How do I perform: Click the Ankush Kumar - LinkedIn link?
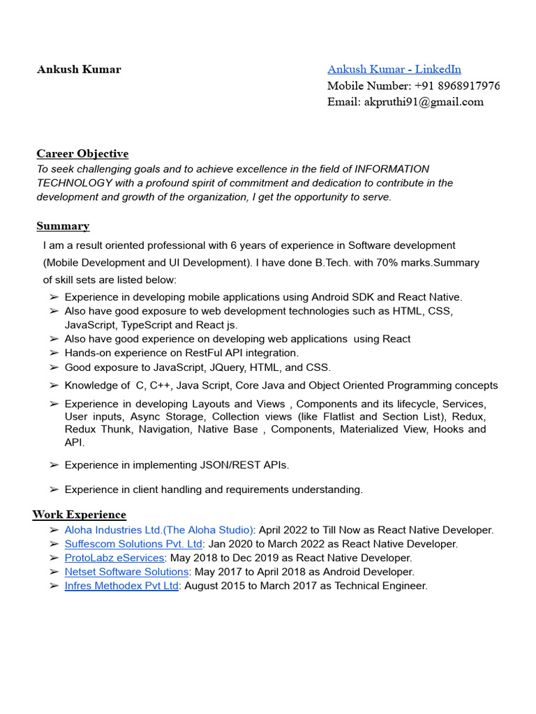[394, 69]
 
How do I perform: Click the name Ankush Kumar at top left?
[79, 70]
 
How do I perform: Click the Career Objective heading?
[82, 153]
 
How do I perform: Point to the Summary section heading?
[63, 226]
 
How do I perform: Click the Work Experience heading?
[79, 515]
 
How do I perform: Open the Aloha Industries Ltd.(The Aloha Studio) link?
[159, 530]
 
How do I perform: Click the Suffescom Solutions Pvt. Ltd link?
[133, 544]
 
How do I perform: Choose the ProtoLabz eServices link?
[114, 558]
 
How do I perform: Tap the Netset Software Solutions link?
[126, 572]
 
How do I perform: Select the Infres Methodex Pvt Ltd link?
[121, 586]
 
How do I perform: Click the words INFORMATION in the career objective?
[392, 169]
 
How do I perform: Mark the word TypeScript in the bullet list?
[147, 325]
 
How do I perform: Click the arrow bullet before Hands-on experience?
[54, 354]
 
